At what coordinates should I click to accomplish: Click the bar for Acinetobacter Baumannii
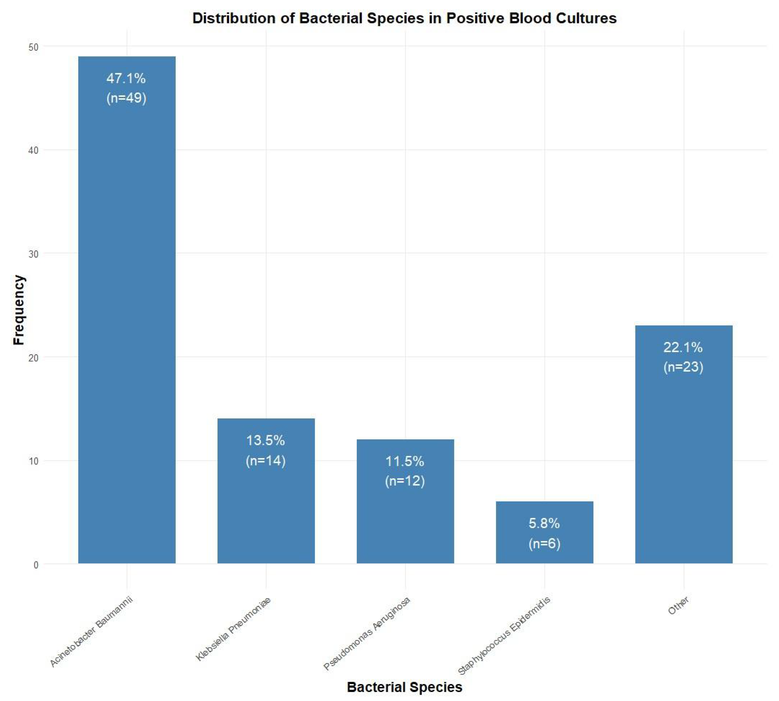127,308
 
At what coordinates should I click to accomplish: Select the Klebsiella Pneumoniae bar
266,508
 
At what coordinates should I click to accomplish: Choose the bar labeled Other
683,462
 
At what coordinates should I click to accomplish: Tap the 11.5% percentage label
405,461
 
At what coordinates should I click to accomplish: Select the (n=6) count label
544,543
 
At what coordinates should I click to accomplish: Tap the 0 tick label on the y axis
36,565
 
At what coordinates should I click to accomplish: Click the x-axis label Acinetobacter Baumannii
91,632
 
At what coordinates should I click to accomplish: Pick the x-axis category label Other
678,606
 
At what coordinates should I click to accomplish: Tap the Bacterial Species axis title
405,687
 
